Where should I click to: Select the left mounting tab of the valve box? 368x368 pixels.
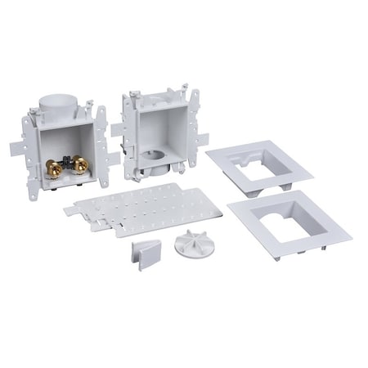pyautogui.click(x=20, y=148)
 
